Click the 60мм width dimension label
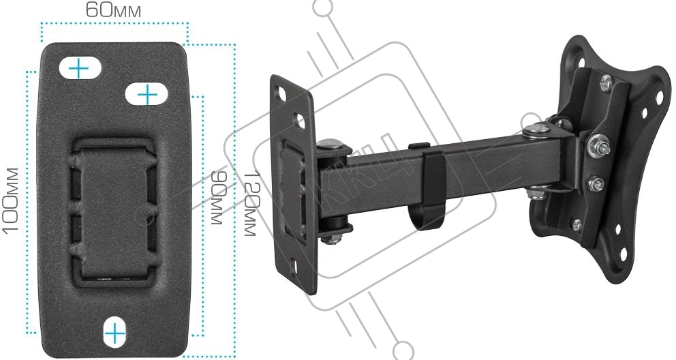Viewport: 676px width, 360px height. pos(113,10)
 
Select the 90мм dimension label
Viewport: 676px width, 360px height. pos(217,198)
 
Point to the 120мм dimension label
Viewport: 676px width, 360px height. pos(251,203)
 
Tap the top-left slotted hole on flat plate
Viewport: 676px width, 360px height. pos(80,67)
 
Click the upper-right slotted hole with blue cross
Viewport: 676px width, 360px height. pos(147,94)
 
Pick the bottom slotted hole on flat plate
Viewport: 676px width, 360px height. pos(115,333)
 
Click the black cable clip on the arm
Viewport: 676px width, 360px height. pos(428,187)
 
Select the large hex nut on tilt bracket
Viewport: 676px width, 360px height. pos(598,145)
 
